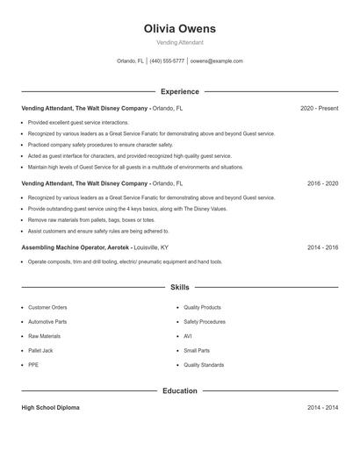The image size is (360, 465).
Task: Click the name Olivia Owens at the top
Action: [179, 28]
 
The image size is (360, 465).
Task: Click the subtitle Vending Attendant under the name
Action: [179, 42]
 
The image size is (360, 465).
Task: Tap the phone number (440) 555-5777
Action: [167, 61]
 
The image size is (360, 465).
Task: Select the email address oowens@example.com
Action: [216, 61]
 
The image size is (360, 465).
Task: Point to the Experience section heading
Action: [179, 91]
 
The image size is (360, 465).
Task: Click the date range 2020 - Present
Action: [319, 109]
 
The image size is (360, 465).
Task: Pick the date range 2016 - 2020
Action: [322, 184]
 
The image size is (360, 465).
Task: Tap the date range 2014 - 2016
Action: [322, 248]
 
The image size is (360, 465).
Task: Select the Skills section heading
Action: [179, 287]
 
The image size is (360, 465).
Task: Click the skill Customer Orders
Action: [47, 308]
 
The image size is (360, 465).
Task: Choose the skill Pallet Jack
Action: [40, 350]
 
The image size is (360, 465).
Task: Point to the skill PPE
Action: [33, 364]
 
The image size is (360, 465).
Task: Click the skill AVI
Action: [188, 336]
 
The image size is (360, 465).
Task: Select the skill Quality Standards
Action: [204, 364]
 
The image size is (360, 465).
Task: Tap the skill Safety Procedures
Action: [205, 322]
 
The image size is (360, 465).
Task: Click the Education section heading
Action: [179, 390]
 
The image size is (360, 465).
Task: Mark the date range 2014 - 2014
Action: [322, 408]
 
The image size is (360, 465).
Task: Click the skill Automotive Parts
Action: [47, 322]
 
